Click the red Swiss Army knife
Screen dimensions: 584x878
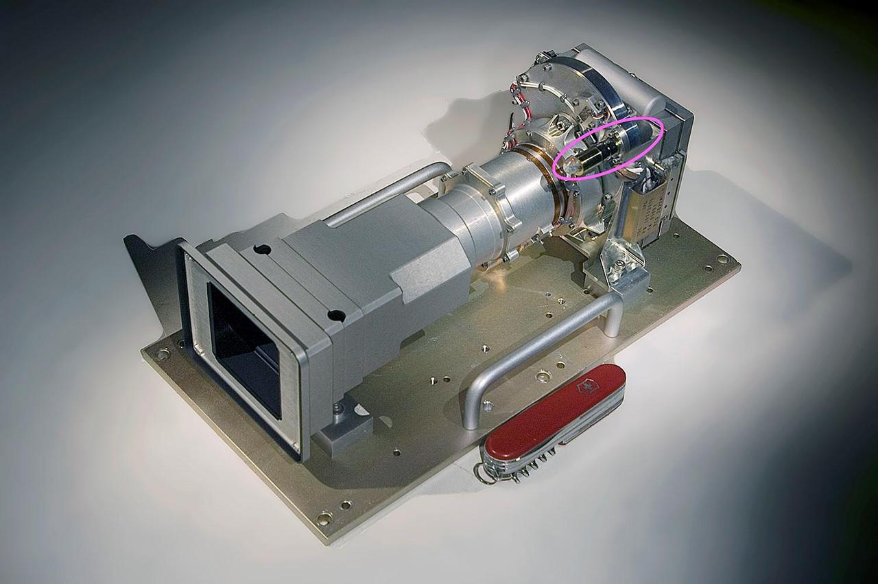pos(556,419)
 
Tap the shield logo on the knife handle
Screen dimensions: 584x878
pos(589,387)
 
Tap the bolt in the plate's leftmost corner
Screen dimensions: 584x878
pos(163,354)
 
